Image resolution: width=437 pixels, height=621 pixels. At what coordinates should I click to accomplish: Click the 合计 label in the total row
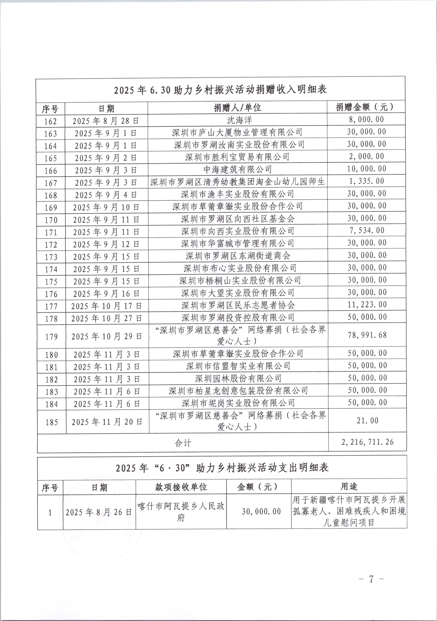tap(183, 443)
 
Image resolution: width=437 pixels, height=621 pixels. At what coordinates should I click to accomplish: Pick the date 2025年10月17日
tap(107, 306)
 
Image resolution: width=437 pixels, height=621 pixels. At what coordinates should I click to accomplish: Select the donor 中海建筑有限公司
tap(238, 170)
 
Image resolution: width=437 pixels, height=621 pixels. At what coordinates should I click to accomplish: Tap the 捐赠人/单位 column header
tap(238, 108)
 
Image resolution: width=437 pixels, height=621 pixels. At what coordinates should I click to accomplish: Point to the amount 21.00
tap(367, 420)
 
